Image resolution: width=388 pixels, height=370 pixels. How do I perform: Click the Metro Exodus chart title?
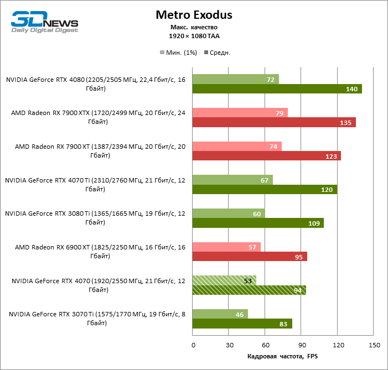click(x=194, y=14)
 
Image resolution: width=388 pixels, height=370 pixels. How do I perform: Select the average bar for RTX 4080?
click(x=277, y=89)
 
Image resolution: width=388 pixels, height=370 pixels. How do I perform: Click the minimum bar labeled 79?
click(x=240, y=113)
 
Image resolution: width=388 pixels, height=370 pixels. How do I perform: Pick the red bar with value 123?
click(x=266, y=157)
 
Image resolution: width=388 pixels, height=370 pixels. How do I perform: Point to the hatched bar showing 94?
click(x=249, y=290)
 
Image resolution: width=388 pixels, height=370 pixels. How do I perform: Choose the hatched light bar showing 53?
click(x=224, y=280)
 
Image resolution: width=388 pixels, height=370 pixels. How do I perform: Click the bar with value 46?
click(x=220, y=314)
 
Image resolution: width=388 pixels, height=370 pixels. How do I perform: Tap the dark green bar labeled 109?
click(x=258, y=223)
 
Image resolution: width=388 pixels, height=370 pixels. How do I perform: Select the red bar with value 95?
click(x=250, y=257)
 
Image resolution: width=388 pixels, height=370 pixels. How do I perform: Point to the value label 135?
click(x=344, y=123)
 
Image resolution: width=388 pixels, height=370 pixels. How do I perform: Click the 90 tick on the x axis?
click(x=302, y=345)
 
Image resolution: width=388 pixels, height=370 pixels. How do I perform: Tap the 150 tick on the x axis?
click(x=374, y=345)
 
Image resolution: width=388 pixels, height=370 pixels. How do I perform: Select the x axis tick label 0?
click(x=193, y=345)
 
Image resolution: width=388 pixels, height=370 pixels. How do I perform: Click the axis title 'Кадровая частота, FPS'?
click(x=283, y=356)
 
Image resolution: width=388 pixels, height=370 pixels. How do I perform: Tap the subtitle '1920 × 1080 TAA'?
click(x=194, y=36)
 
